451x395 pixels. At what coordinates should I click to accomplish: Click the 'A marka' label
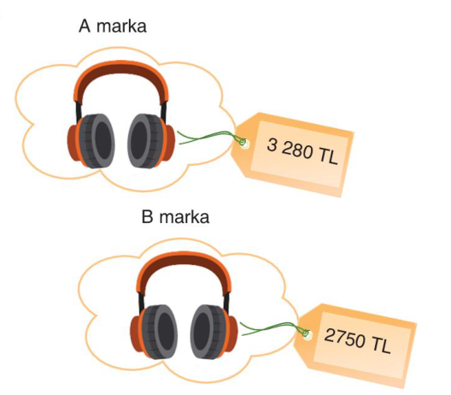pos(113,26)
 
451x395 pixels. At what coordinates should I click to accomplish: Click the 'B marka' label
pos(175,217)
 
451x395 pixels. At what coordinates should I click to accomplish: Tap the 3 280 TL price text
pos(302,151)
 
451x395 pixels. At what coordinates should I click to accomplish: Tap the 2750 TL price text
pos(358,341)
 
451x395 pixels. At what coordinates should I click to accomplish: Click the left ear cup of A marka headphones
pos(91,141)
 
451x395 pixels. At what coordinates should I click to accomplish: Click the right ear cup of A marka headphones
pos(151,141)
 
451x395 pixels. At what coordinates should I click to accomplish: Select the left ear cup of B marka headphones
pos(154,332)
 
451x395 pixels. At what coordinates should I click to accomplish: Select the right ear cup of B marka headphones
pos(214,332)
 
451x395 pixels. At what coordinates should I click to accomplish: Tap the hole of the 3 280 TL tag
pos(244,144)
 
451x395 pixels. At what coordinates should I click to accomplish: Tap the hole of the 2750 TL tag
pos(307,335)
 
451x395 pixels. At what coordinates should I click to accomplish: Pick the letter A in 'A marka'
pos(85,26)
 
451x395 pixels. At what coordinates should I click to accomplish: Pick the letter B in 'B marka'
pos(147,217)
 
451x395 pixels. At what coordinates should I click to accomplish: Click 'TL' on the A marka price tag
pos(328,157)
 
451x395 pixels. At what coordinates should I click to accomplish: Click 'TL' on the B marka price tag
pos(382,345)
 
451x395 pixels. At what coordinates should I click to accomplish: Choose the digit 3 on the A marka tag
pos(272,144)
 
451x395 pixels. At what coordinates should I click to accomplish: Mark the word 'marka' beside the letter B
pos(184,217)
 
